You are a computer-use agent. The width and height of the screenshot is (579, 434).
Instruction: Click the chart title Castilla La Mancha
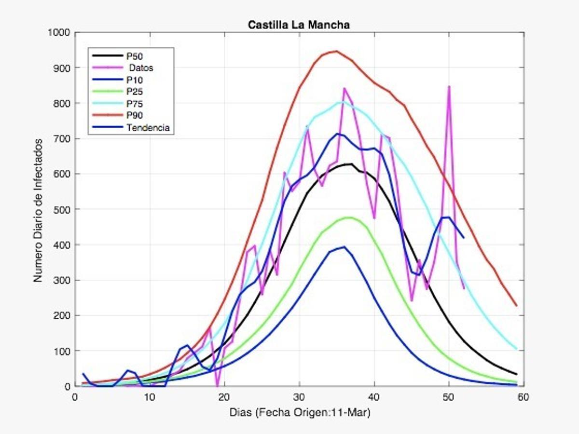tap(299, 25)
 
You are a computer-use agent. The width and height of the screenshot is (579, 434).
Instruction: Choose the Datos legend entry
tap(140, 68)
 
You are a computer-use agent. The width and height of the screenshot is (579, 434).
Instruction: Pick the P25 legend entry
tap(135, 92)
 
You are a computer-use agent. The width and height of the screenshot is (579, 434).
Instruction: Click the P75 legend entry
tap(135, 104)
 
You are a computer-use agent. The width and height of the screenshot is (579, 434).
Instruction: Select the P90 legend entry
tap(135, 116)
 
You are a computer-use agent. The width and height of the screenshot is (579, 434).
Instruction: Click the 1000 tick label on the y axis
tap(59, 33)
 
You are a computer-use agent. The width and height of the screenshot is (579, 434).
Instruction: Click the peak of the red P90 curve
tap(336, 51)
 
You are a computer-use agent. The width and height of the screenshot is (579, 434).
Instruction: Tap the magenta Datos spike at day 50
tap(449, 87)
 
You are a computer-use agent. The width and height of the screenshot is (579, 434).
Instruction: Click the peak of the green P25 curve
tap(348, 217)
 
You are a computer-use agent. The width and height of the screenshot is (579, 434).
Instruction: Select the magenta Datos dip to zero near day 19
tap(217, 385)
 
